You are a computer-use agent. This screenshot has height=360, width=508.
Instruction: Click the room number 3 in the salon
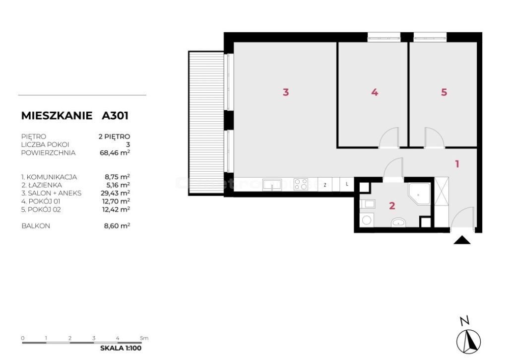[x=285, y=92]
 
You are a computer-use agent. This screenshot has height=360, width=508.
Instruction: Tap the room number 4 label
[x=375, y=92]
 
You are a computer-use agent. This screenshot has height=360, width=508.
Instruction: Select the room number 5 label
[x=444, y=92]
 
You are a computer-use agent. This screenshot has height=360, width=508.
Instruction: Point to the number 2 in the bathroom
[x=392, y=206]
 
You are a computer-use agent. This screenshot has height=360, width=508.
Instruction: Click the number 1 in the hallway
[x=457, y=164]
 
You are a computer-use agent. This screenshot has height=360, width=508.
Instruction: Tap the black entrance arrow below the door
[x=462, y=240]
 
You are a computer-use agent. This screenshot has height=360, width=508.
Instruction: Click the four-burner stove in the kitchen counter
[x=301, y=184]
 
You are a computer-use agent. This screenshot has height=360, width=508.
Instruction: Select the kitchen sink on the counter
[x=272, y=184]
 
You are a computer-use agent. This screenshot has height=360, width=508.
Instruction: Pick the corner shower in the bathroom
[x=419, y=194]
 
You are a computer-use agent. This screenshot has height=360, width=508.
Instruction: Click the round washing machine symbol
[x=367, y=220]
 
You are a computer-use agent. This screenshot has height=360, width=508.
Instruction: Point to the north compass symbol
[x=468, y=341]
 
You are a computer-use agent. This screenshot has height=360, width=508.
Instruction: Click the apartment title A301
[x=115, y=116]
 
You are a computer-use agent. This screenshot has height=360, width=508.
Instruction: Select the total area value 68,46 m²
[x=115, y=152]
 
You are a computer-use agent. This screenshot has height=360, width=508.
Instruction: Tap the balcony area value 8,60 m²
[x=117, y=225]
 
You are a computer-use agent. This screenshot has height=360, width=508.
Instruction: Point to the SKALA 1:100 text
[x=121, y=348]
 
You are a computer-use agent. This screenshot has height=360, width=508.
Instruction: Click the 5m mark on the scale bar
[x=144, y=338]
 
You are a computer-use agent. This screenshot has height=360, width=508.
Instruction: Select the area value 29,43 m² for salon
[x=116, y=193]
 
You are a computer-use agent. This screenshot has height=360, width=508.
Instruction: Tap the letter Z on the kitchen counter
[x=325, y=185]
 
